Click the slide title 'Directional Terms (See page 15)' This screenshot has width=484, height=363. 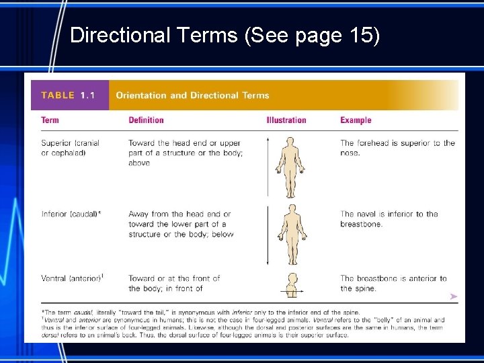tap(225, 35)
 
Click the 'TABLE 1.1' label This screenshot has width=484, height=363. tap(68, 95)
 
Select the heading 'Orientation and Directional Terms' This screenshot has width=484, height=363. tap(192, 95)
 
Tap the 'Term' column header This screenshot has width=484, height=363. tap(50, 120)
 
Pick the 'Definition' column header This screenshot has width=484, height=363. tap(146, 120)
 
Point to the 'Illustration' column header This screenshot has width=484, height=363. tap(286, 120)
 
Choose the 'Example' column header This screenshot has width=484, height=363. tap(356, 120)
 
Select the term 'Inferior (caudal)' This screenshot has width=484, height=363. tap(71, 214)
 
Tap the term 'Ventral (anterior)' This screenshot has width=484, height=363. tap(72, 278)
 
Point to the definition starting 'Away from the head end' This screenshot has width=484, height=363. tap(180, 224)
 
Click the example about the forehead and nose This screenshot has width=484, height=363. tap(397, 148)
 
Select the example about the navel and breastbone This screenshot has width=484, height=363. tap(389, 219)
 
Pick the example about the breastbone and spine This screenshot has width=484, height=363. tap(393, 283)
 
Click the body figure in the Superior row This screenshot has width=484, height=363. tap(290, 165)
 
